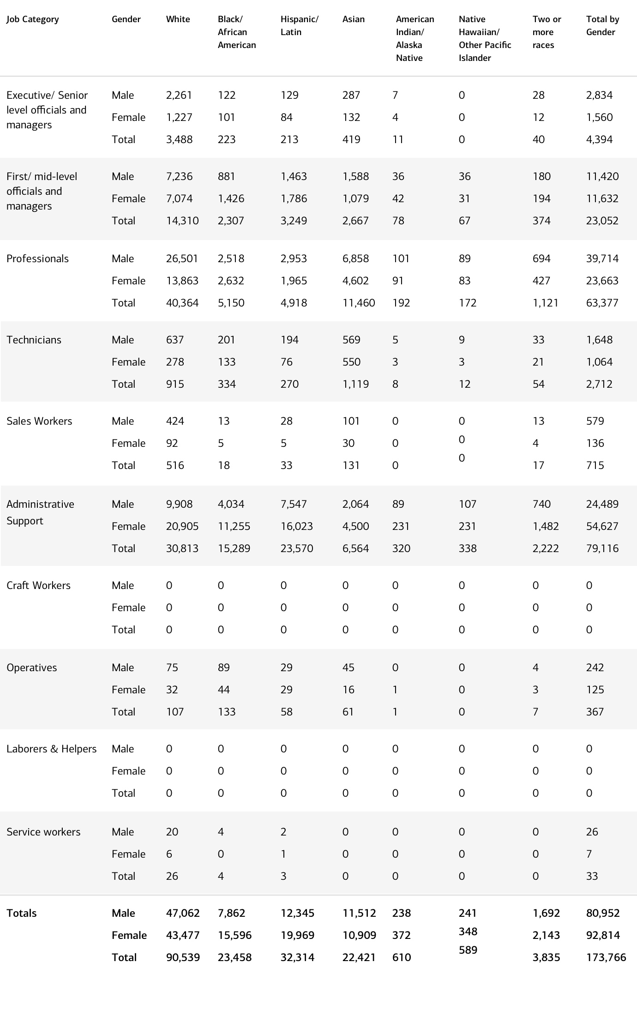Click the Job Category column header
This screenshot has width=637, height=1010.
pyautogui.click(x=33, y=19)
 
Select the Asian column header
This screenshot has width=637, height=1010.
pyautogui.click(x=354, y=19)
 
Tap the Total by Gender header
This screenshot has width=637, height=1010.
pyautogui.click(x=602, y=26)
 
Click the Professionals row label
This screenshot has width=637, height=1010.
pyautogui.click(x=37, y=259)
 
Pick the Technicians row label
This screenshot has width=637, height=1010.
pyautogui.click(x=34, y=340)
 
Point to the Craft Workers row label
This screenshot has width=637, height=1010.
pyautogui.click(x=38, y=585)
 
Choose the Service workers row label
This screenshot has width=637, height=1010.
pyautogui.click(x=43, y=832)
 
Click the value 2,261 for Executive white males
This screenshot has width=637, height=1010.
pyautogui.click(x=179, y=95)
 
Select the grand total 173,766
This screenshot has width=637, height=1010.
pyautogui.click(x=606, y=957)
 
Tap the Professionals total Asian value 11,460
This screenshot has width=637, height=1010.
pyautogui.click(x=359, y=303)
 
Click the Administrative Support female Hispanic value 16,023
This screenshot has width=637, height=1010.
pyautogui.click(x=297, y=526)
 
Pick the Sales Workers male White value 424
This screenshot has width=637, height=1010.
pyautogui.click(x=175, y=421)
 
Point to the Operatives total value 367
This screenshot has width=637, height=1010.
pyautogui.click(x=595, y=712)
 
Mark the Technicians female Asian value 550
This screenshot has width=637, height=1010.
pyautogui.click(x=351, y=362)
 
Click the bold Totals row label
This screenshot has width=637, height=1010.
pyautogui.click(x=22, y=913)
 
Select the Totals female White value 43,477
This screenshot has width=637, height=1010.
pyautogui.click(x=183, y=935)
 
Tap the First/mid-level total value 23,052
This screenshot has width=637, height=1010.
pyautogui.click(x=602, y=221)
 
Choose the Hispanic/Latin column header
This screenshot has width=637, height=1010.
pyautogui.click(x=300, y=26)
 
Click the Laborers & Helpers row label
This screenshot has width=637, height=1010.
pyautogui.click(x=51, y=749)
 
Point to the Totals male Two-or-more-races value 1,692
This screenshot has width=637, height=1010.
pyautogui.click(x=546, y=913)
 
